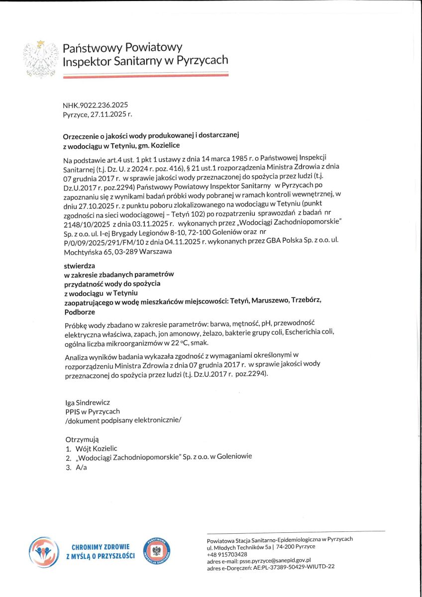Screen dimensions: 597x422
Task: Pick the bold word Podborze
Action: [79, 312]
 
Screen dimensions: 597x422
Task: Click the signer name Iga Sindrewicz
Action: [88, 401]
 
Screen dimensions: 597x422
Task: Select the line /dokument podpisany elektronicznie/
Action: [123, 420]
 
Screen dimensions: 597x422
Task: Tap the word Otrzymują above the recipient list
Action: [82, 439]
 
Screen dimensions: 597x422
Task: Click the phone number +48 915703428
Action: [227, 554]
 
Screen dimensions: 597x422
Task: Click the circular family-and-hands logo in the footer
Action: [44, 552]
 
